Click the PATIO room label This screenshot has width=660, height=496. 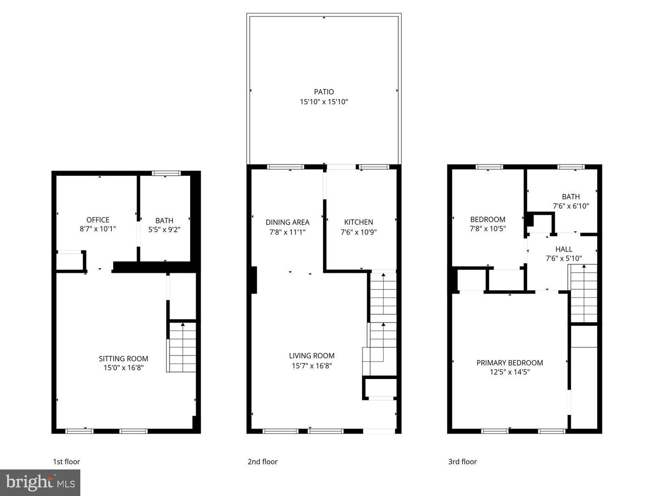point(324,92)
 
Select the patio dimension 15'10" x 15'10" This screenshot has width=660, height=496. point(324,102)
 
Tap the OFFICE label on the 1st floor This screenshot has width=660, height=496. point(98,220)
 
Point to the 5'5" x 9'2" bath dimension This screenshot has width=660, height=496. point(164,230)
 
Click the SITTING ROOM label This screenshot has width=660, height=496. point(123,359)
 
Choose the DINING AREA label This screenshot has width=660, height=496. point(287,222)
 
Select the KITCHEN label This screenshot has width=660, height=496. point(358,222)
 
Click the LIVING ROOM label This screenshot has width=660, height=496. point(312,356)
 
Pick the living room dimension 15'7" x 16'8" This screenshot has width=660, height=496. point(312,366)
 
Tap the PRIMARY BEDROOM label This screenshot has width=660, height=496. point(510,362)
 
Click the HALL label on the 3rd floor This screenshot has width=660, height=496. point(564,249)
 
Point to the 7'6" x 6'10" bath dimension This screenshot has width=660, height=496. point(571,206)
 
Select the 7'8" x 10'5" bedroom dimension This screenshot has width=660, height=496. point(488,228)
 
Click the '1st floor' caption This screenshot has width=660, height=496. point(66,462)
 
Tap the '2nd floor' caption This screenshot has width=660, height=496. point(263,462)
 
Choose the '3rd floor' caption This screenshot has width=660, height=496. point(462,462)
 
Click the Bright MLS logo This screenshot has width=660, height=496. point(40,482)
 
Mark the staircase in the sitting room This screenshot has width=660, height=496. point(182,347)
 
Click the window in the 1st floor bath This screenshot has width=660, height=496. point(166,173)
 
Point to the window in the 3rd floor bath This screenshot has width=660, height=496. point(571,167)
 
